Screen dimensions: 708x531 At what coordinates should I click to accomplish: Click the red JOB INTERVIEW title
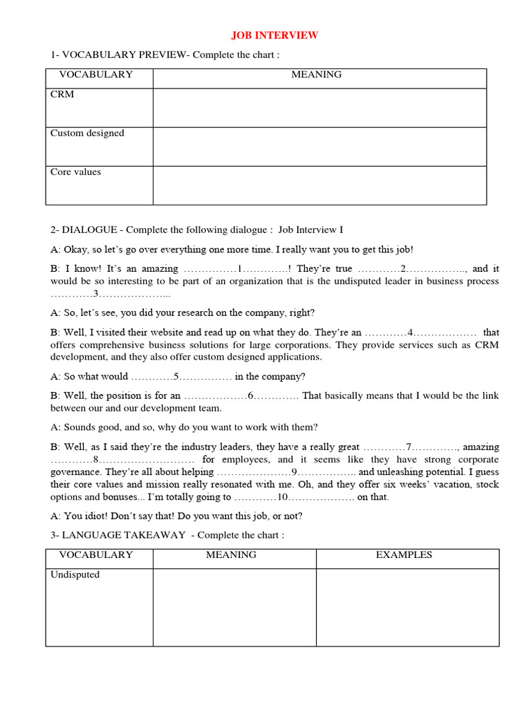point(274,35)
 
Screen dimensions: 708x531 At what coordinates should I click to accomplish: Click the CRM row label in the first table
point(62,95)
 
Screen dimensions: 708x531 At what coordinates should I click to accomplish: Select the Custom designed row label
point(87,133)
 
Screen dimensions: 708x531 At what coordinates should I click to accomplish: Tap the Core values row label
point(75,172)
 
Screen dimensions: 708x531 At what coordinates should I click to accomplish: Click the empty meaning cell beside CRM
point(319,108)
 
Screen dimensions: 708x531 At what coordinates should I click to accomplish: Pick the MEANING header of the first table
point(317,75)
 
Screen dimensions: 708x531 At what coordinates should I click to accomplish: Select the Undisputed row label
point(75,575)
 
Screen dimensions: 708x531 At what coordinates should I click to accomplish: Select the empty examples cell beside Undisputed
point(407,607)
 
